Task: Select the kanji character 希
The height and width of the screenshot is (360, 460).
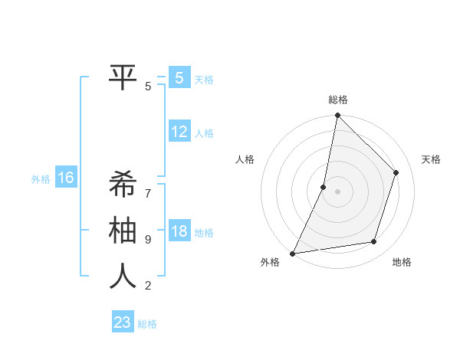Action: (123, 185)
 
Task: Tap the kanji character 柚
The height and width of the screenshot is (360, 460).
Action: (123, 230)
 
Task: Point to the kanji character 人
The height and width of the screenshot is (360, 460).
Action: (123, 276)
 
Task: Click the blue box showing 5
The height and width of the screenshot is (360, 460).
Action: (179, 77)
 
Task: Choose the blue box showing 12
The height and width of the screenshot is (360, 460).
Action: (179, 132)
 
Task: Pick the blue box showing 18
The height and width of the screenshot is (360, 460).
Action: (179, 231)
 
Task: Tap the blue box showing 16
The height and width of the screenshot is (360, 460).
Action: (66, 178)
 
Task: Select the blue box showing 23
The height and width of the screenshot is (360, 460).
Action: (123, 322)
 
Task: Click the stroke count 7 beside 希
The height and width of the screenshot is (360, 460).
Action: (148, 186)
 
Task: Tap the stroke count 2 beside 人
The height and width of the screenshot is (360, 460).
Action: (148, 286)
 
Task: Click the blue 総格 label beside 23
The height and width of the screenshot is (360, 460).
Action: (147, 324)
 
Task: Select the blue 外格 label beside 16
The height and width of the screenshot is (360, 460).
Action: (41, 179)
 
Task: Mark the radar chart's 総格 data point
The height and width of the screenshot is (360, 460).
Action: (337, 116)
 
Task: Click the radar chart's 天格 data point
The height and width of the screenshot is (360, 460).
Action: (396, 172)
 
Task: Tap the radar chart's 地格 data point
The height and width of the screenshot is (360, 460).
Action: (374, 242)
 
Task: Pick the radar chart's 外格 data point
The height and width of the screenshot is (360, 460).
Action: (293, 253)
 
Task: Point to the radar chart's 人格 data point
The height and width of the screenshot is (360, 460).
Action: (324, 187)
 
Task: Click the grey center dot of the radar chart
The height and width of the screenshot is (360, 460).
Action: (337, 191)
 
